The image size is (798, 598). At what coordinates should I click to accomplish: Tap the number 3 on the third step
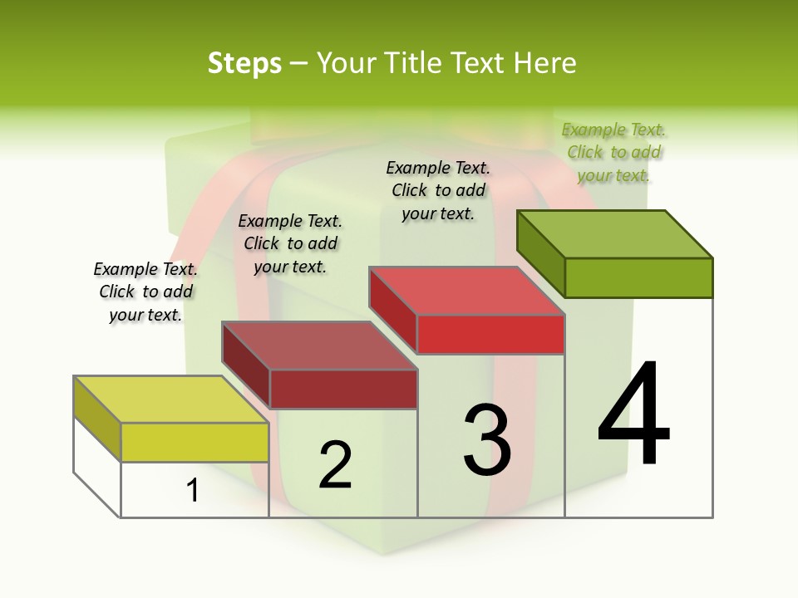[x=487, y=439]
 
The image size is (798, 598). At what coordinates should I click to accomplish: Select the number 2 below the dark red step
[x=336, y=465]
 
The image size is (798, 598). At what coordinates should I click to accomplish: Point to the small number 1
[x=193, y=491]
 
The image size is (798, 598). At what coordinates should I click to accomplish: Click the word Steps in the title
[x=244, y=63]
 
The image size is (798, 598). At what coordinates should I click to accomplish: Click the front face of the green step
[x=638, y=277]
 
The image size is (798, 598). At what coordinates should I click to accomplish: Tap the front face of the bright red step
[x=490, y=334]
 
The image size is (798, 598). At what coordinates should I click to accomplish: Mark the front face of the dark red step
[x=342, y=389]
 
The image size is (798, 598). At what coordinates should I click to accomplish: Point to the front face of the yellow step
[x=195, y=442]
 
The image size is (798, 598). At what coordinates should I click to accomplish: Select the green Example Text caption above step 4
[x=614, y=153]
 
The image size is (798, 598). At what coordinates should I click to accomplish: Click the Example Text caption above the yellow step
[x=145, y=292]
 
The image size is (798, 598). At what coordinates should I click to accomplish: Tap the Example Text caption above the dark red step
[x=290, y=243]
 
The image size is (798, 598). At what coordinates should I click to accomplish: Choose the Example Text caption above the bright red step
[x=438, y=190]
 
